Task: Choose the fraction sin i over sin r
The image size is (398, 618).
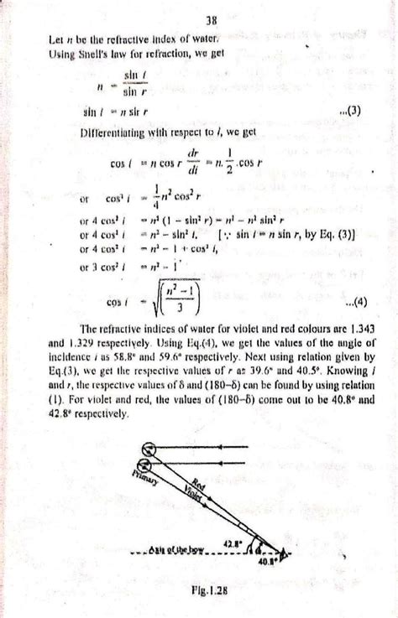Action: [x=134, y=81]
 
